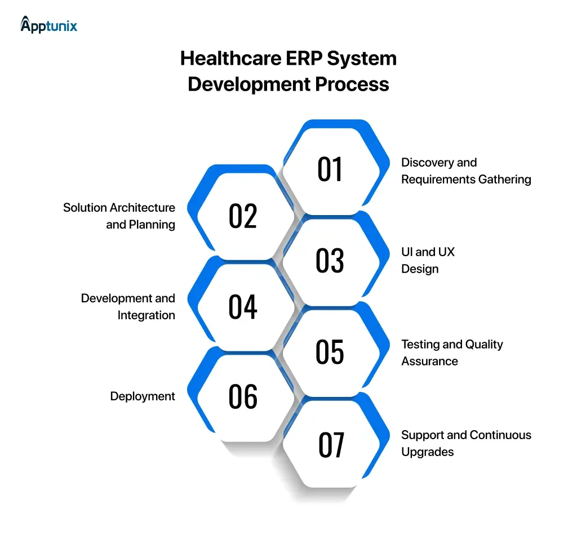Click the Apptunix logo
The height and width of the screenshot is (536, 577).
48,25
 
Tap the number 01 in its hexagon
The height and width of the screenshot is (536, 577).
330,169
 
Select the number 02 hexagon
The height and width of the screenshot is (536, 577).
243,216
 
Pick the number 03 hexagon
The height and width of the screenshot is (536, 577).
330,261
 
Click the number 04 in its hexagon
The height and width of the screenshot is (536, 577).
243,307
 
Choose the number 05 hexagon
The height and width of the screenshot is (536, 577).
330,352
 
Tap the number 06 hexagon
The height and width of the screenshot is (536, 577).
243,397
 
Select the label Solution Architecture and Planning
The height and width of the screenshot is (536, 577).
119,216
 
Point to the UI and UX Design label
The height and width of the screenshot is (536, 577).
427,260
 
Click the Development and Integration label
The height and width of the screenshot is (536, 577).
128,307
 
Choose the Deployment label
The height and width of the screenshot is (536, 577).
143,396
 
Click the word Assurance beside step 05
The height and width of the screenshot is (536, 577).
429,361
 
